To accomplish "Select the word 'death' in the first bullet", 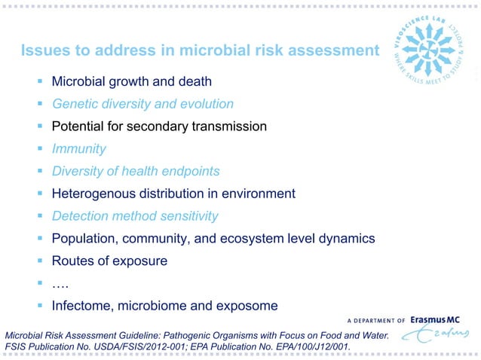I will pos(194,81).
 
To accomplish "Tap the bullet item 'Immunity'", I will pos(78,149).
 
